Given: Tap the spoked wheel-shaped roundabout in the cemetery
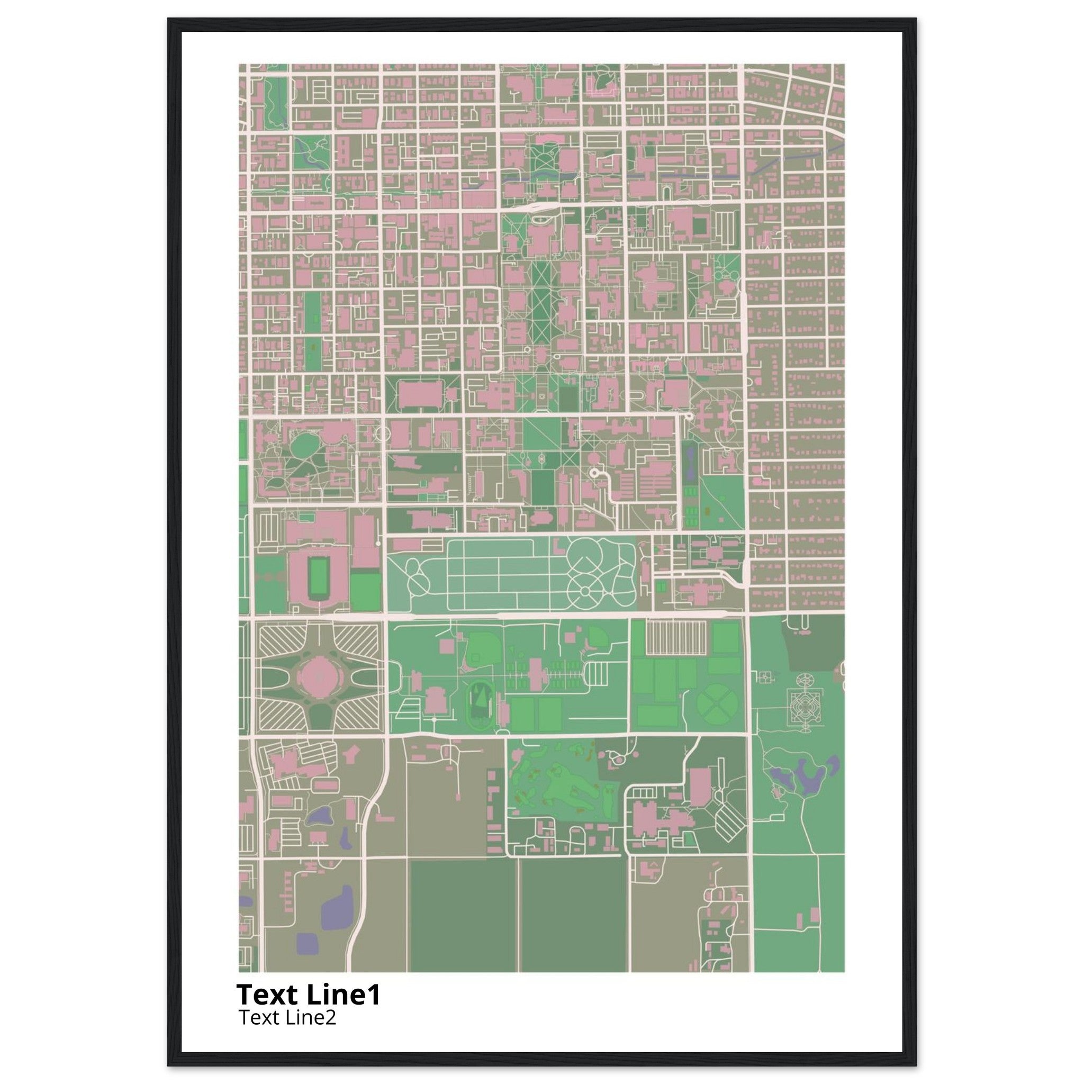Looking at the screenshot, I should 585,591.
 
